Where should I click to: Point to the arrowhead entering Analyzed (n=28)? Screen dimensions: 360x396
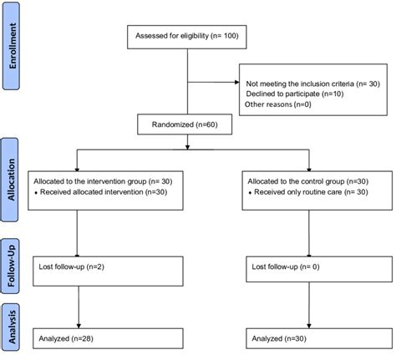coord(77,326)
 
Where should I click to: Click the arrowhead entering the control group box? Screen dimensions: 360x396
coord(308,168)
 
